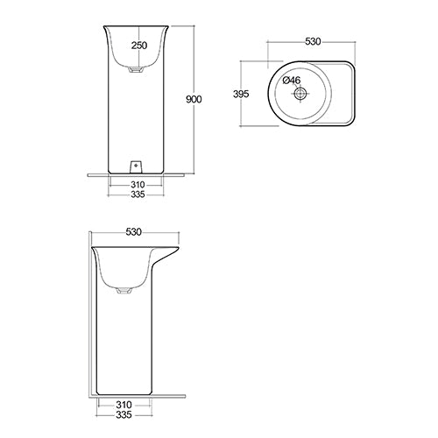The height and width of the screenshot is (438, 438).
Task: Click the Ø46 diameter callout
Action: [x=294, y=80]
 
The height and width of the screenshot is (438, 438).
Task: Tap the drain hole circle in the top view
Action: [x=300, y=93]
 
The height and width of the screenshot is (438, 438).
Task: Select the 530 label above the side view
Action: [x=134, y=233]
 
